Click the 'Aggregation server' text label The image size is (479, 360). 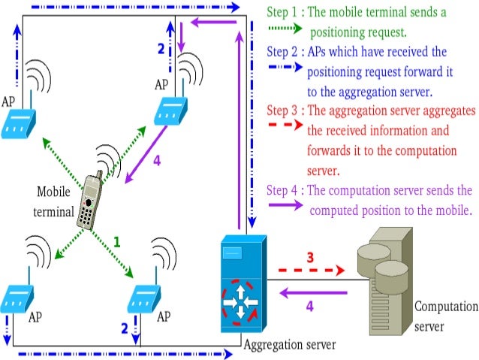pyautogui.click(x=289, y=344)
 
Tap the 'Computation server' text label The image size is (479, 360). pyautogui.click(x=446, y=316)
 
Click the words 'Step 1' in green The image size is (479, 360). pyautogui.click(x=283, y=13)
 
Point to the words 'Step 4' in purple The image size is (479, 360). pyautogui.click(x=283, y=191)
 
